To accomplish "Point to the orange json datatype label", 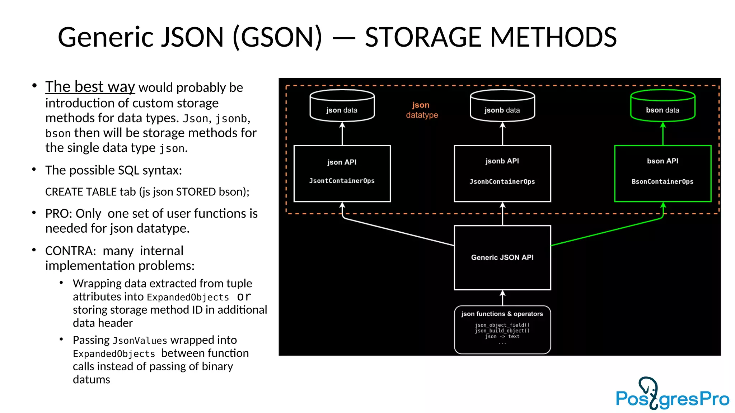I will pyautogui.click(x=422, y=110).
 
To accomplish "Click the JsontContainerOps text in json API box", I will pyautogui.click(x=342, y=181).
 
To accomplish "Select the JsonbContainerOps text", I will pyautogui.click(x=502, y=182).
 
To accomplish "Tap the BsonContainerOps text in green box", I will pyautogui.click(x=663, y=182).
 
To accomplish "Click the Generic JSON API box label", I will pyautogui.click(x=502, y=257).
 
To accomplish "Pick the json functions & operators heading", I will pyautogui.click(x=502, y=314).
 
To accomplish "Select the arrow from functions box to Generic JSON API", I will pyautogui.click(x=502, y=298).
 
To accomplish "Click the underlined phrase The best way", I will pyautogui.click(x=90, y=87).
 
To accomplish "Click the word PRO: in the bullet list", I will pyautogui.click(x=59, y=214).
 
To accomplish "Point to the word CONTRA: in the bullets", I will pyautogui.click(x=70, y=251).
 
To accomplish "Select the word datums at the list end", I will pyautogui.click(x=91, y=380).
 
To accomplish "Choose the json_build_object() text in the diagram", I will pyautogui.click(x=502, y=331).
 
